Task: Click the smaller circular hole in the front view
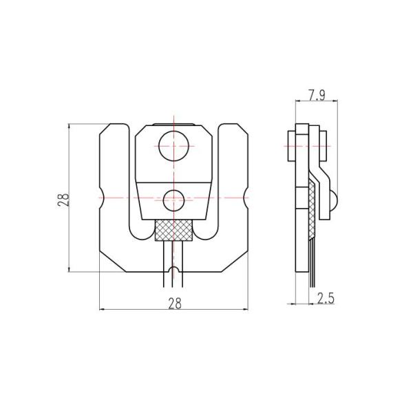(173, 200)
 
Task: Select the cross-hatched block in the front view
(174, 230)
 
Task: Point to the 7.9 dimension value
(317, 95)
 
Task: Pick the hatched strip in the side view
(313, 206)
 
